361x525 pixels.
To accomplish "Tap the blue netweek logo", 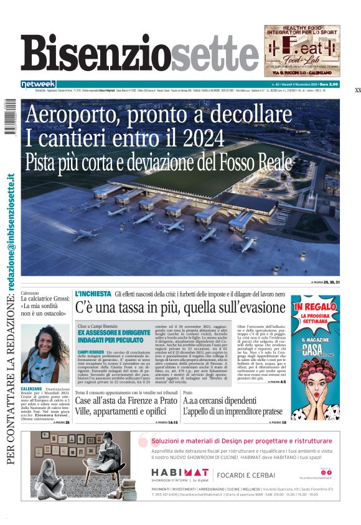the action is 39,84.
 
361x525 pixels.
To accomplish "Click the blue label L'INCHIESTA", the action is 93,294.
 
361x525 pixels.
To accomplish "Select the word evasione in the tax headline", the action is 249,307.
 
